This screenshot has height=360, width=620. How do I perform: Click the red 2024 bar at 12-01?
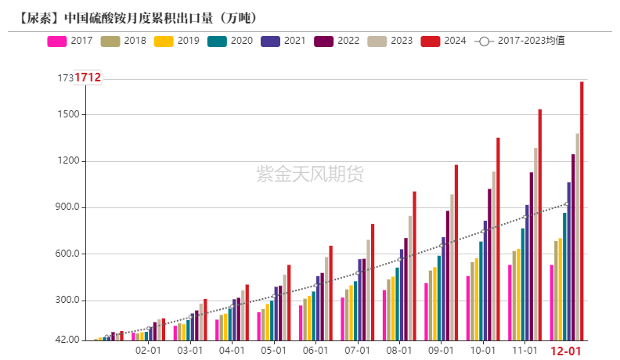coord(582,211)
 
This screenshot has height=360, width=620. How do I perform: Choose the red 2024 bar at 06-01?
coord(330,293)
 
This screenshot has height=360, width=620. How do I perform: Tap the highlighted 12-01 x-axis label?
coord(566,351)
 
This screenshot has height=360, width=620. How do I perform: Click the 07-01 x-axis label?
coord(357,351)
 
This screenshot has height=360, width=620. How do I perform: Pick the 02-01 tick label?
coord(148,351)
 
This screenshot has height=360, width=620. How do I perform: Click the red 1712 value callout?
coord(88,77)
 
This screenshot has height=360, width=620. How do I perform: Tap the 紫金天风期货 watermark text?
coord(310,174)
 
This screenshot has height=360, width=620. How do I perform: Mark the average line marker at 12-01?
coord(567,204)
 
